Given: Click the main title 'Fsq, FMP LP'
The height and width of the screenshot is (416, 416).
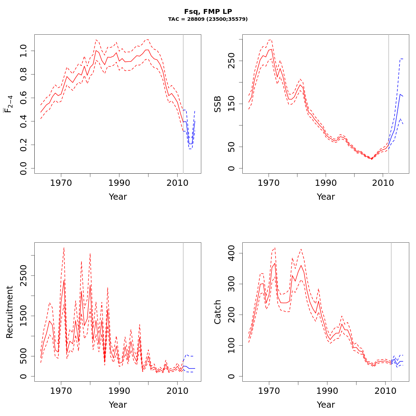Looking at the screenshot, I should click(x=208, y=11).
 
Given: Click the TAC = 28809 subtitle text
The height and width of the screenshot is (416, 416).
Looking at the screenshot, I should click(x=208, y=19).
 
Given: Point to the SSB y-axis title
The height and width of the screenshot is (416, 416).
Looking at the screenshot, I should click(x=218, y=104).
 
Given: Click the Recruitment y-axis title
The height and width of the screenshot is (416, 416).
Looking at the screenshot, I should click(x=10, y=312).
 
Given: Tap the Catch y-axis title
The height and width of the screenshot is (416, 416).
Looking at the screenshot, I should click(x=218, y=312).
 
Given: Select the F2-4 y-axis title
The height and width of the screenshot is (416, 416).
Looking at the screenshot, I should click(x=9, y=104).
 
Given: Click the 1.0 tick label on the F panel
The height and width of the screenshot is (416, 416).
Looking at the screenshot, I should click(x=23, y=51).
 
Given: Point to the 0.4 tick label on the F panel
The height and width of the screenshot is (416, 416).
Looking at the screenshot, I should click(x=23, y=121).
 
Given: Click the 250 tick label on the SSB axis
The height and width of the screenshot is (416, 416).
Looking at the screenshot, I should click(x=231, y=61).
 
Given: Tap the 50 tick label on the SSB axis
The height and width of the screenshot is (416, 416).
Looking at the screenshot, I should click(x=231, y=147).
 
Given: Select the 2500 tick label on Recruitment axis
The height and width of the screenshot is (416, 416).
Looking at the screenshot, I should click(x=23, y=276).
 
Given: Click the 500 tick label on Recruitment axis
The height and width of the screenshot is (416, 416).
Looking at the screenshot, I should click(x=23, y=356).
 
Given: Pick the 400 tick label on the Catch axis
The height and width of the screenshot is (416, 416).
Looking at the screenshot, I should click(x=231, y=253).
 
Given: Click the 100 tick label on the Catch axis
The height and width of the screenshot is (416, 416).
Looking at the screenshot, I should click(x=231, y=346).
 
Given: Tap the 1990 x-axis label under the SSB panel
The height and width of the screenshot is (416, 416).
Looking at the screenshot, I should click(x=326, y=183).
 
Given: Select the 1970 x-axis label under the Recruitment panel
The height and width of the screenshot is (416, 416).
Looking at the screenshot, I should click(x=61, y=391).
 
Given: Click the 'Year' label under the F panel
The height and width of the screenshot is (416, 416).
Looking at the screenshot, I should click(x=118, y=197).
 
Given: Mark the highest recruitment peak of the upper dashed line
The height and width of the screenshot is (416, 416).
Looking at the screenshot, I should click(x=64, y=248).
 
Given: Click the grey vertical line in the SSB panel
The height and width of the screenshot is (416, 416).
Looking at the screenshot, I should click(x=389, y=104).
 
